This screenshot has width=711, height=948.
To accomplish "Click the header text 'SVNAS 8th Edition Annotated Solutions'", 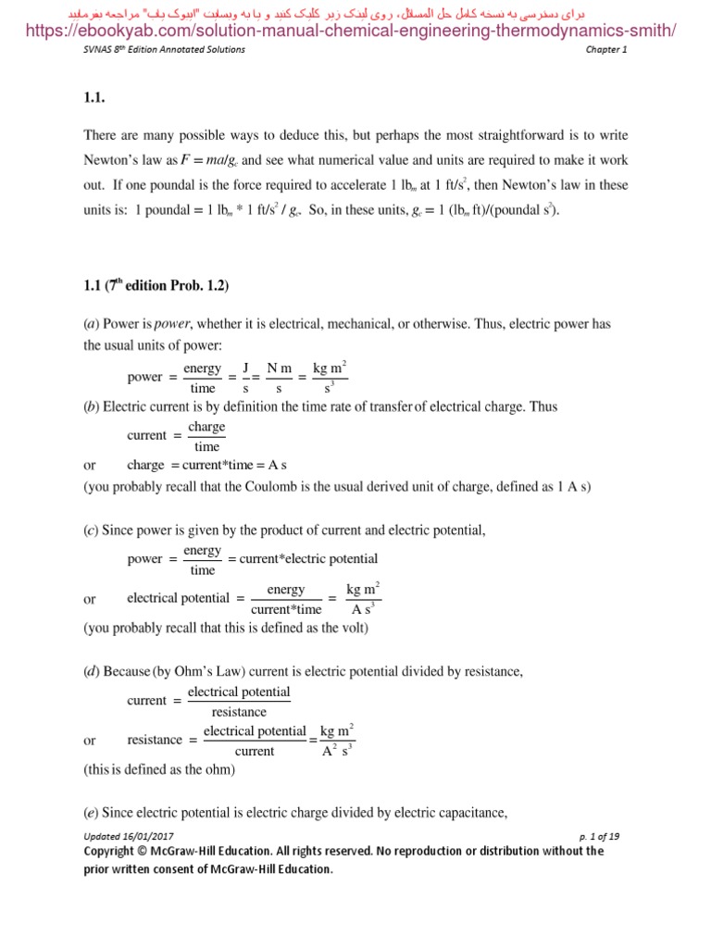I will [x=164, y=50].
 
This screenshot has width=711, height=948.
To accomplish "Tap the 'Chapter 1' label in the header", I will [x=605, y=50].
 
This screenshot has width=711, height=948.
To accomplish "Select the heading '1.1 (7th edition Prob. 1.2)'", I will [x=156, y=286].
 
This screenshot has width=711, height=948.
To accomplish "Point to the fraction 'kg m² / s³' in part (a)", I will [x=331, y=378].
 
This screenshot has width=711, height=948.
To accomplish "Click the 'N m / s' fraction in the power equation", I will [x=279, y=378].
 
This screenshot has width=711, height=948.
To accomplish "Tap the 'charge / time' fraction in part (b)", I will [x=206, y=435].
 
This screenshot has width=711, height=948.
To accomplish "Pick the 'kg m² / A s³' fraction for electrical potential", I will [x=362, y=599].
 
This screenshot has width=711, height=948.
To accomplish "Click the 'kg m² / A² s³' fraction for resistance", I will [x=337, y=740].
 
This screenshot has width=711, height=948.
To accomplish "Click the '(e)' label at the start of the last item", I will [x=91, y=813].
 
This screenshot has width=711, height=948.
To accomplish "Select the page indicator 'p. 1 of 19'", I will [x=598, y=836].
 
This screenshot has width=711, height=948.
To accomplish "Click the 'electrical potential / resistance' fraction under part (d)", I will [x=238, y=702].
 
